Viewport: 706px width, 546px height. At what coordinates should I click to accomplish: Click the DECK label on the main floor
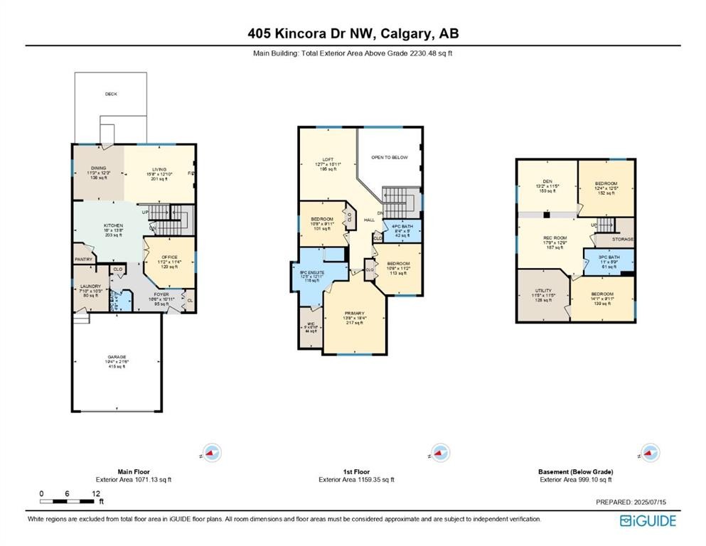pyautogui.click(x=111, y=94)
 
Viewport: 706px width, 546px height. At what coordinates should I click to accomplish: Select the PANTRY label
pyautogui.click(x=84, y=259)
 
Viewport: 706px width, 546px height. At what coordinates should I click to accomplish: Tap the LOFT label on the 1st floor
pyautogui.click(x=328, y=159)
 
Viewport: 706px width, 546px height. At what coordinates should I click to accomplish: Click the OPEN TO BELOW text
pyautogui.click(x=390, y=157)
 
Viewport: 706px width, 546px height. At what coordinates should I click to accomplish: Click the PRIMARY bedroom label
pyautogui.click(x=354, y=313)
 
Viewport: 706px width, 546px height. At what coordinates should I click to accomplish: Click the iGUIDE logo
pyautogui.click(x=648, y=521)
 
